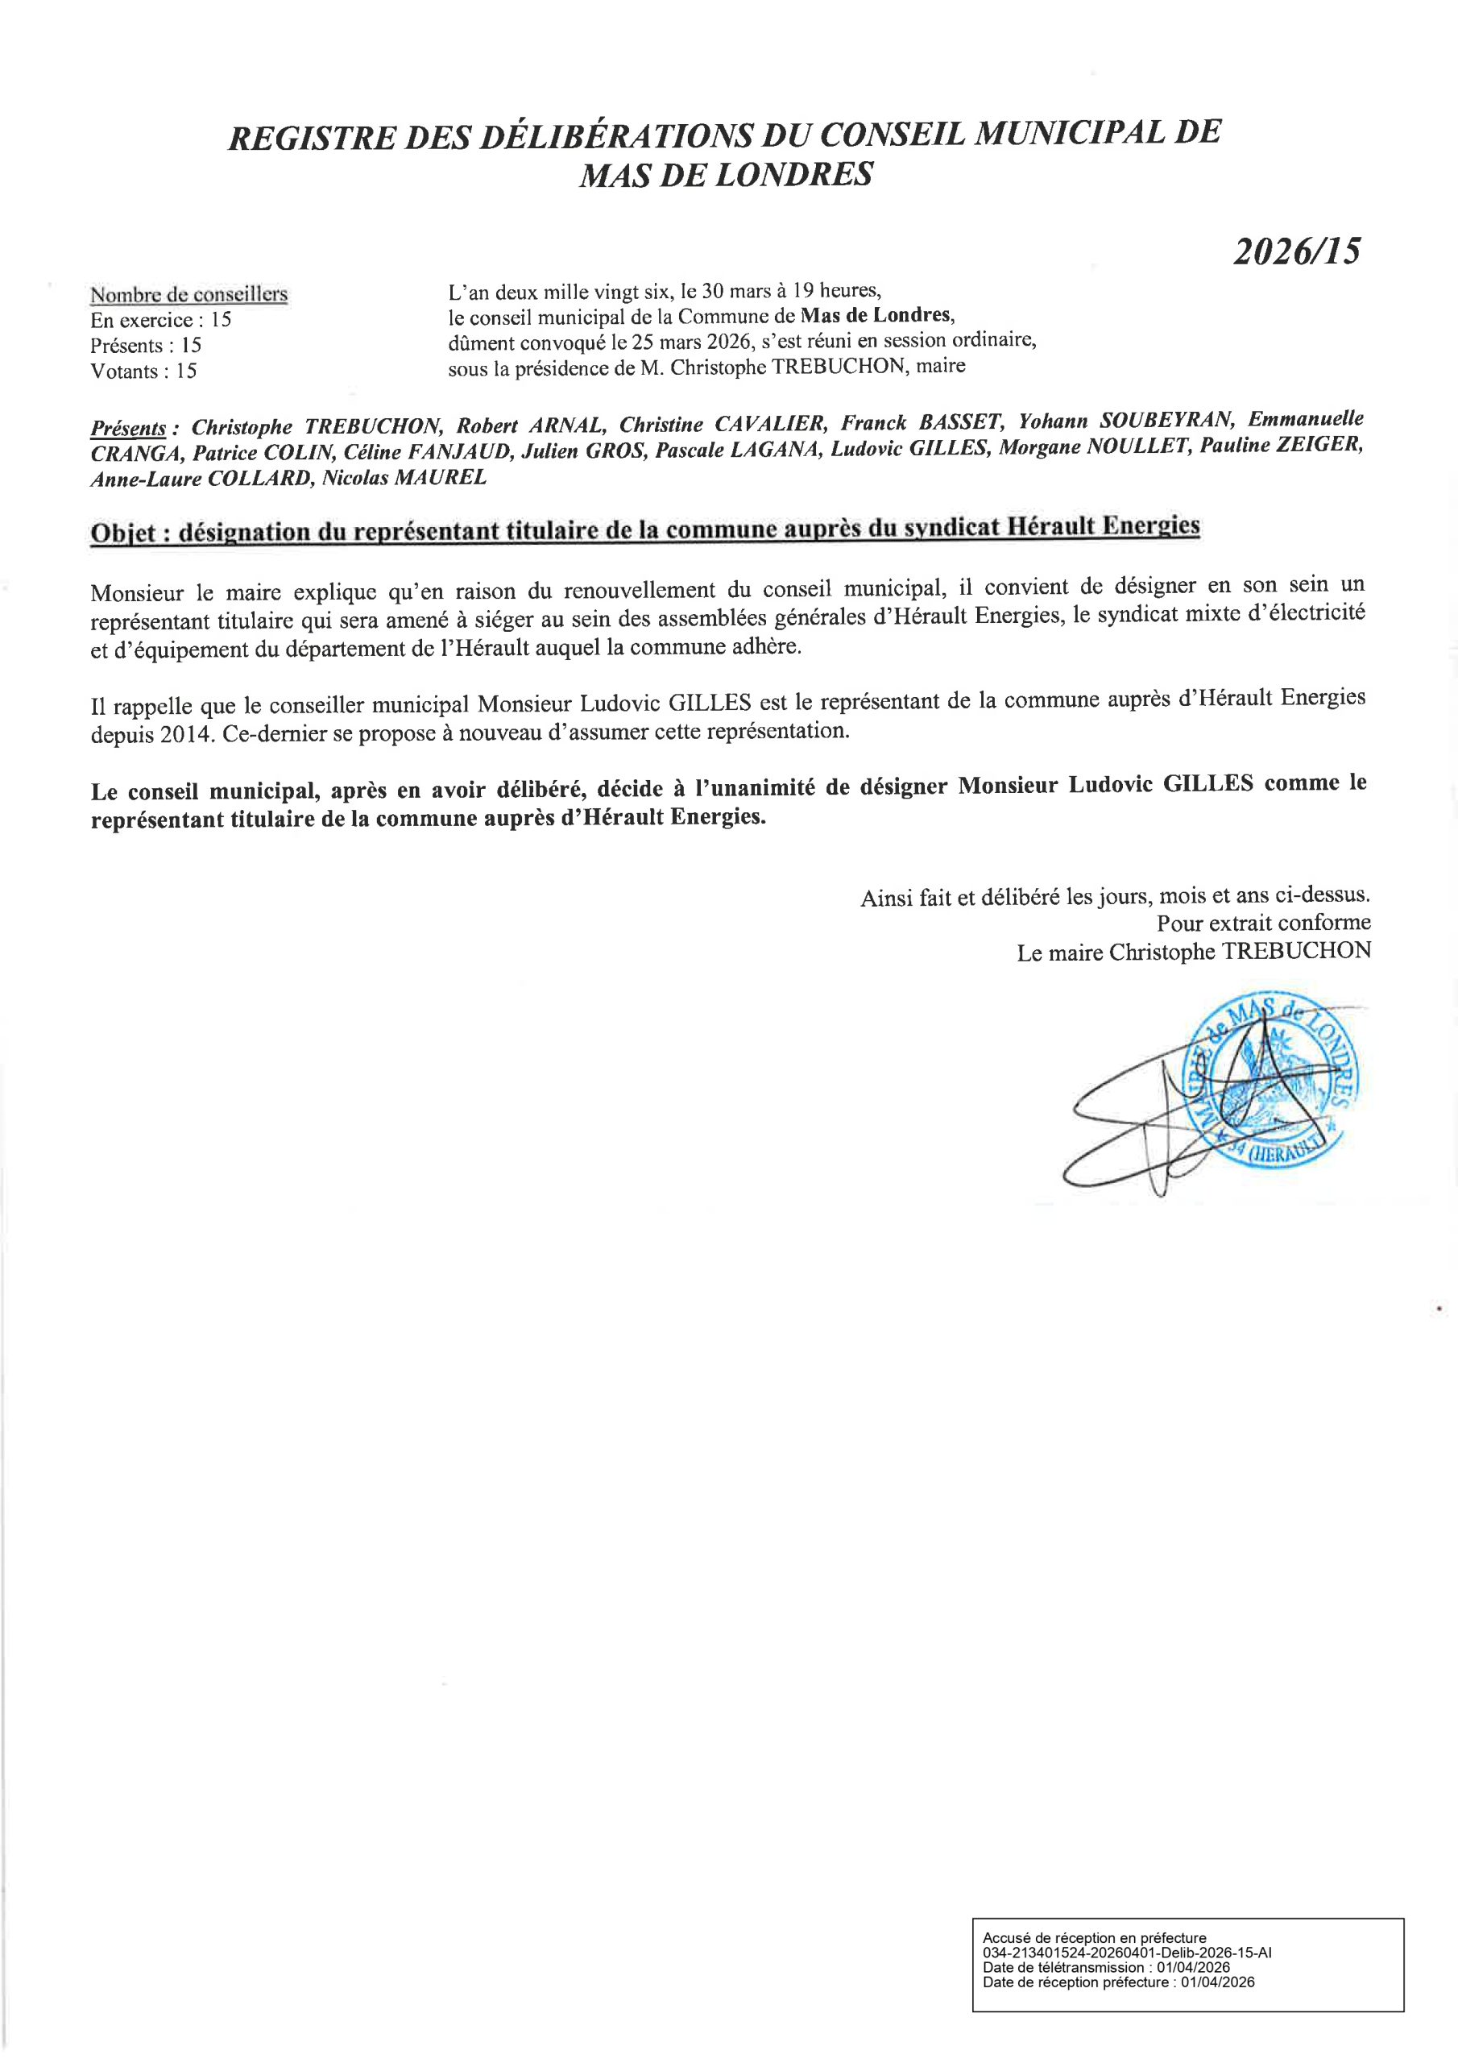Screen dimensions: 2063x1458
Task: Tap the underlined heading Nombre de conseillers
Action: [188, 295]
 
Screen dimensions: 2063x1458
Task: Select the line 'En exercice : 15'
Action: [161, 320]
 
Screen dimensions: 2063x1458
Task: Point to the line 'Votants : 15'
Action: [143, 371]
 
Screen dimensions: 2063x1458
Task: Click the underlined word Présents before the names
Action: [127, 428]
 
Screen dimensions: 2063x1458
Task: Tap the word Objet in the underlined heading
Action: [124, 532]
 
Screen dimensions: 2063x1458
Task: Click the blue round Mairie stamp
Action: [1274, 1087]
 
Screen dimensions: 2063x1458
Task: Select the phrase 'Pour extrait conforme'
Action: [1263, 923]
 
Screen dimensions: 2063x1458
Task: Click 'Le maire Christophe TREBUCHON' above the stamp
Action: [1193, 953]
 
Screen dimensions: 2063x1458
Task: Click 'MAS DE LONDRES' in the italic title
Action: [726, 173]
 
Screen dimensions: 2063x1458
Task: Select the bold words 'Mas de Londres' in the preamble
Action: [875, 316]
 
